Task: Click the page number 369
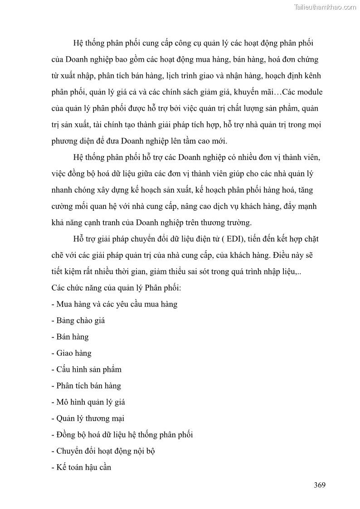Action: pyautogui.click(x=320, y=485)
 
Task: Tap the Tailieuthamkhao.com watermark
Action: pyautogui.click(x=325, y=7)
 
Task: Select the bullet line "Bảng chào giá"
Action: pyautogui.click(x=78, y=320)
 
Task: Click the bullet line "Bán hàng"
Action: pyautogui.click(x=70, y=337)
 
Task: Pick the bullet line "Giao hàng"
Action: pyautogui.click(x=71, y=353)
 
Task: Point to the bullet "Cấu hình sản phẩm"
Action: pyautogui.click(x=86, y=369)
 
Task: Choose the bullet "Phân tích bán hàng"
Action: pyautogui.click(x=86, y=386)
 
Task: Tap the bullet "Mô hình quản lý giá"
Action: pyautogui.click(x=88, y=402)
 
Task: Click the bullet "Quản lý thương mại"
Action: pyautogui.click(x=88, y=418)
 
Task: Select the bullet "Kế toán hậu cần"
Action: pyautogui.click(x=81, y=467)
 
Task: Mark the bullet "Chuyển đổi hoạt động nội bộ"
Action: pyautogui.click(x=104, y=451)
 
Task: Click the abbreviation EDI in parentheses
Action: pyautogui.click(x=234, y=239)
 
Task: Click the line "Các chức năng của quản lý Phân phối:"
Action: pyautogui.click(x=117, y=288)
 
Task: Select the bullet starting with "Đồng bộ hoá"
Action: pyautogui.click(x=122, y=435)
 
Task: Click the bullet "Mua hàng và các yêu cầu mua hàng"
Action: pyautogui.click(x=114, y=304)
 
